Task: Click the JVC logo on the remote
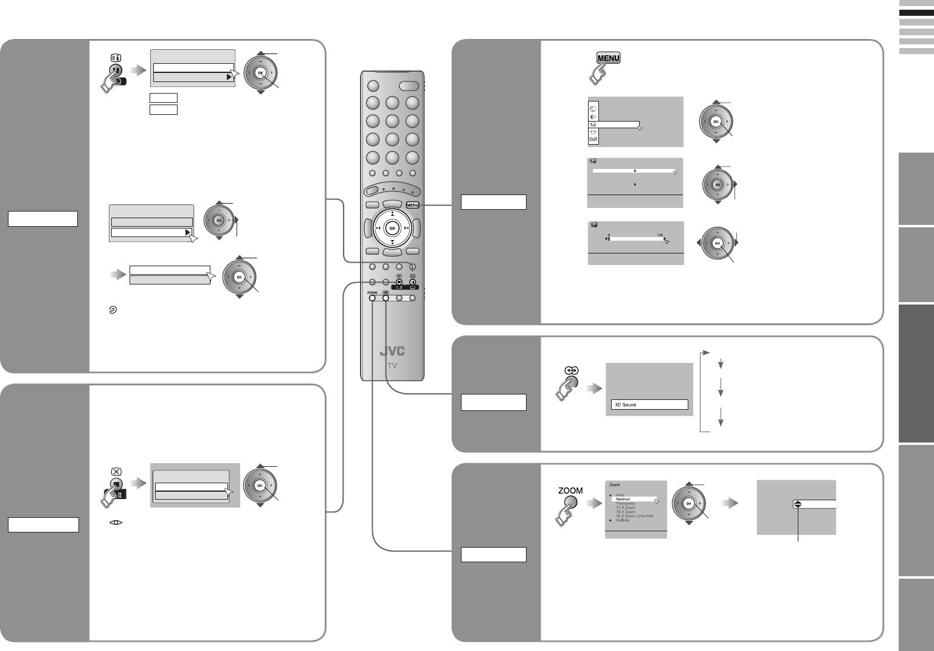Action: click(x=392, y=352)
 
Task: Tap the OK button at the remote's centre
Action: click(x=392, y=228)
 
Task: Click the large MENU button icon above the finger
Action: click(x=608, y=58)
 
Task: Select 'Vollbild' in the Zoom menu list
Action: click(x=623, y=520)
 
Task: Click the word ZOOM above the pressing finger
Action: click(x=570, y=491)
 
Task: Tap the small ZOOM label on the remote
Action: click(x=372, y=292)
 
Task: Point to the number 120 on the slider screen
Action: click(x=660, y=235)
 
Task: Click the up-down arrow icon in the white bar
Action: click(x=797, y=504)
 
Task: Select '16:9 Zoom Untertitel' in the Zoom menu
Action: click(x=635, y=516)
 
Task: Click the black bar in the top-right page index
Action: click(x=916, y=13)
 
